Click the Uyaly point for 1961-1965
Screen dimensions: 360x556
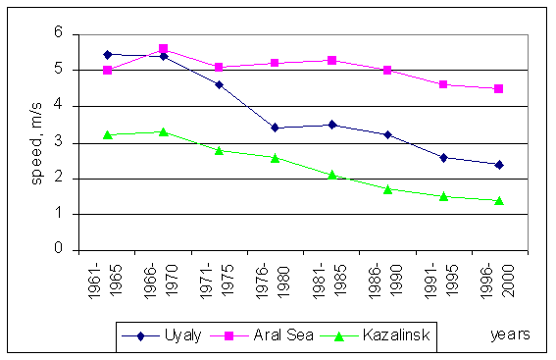click(x=107, y=54)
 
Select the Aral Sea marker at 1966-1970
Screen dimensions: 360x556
click(x=163, y=48)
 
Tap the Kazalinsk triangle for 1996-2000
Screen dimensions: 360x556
click(x=499, y=200)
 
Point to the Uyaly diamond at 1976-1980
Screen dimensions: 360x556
click(x=275, y=128)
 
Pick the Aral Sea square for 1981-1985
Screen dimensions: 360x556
click(x=331, y=61)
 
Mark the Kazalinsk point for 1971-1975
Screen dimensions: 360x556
click(x=219, y=150)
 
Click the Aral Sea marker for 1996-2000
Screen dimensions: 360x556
click(x=499, y=88)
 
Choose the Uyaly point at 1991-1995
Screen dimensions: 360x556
click(x=443, y=157)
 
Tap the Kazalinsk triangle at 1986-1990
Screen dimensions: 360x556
click(x=387, y=188)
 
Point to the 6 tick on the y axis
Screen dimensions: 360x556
click(x=59, y=33)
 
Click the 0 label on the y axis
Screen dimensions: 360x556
click(x=59, y=250)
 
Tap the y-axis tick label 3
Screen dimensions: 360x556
click(x=59, y=142)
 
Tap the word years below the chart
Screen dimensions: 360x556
click(x=511, y=334)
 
